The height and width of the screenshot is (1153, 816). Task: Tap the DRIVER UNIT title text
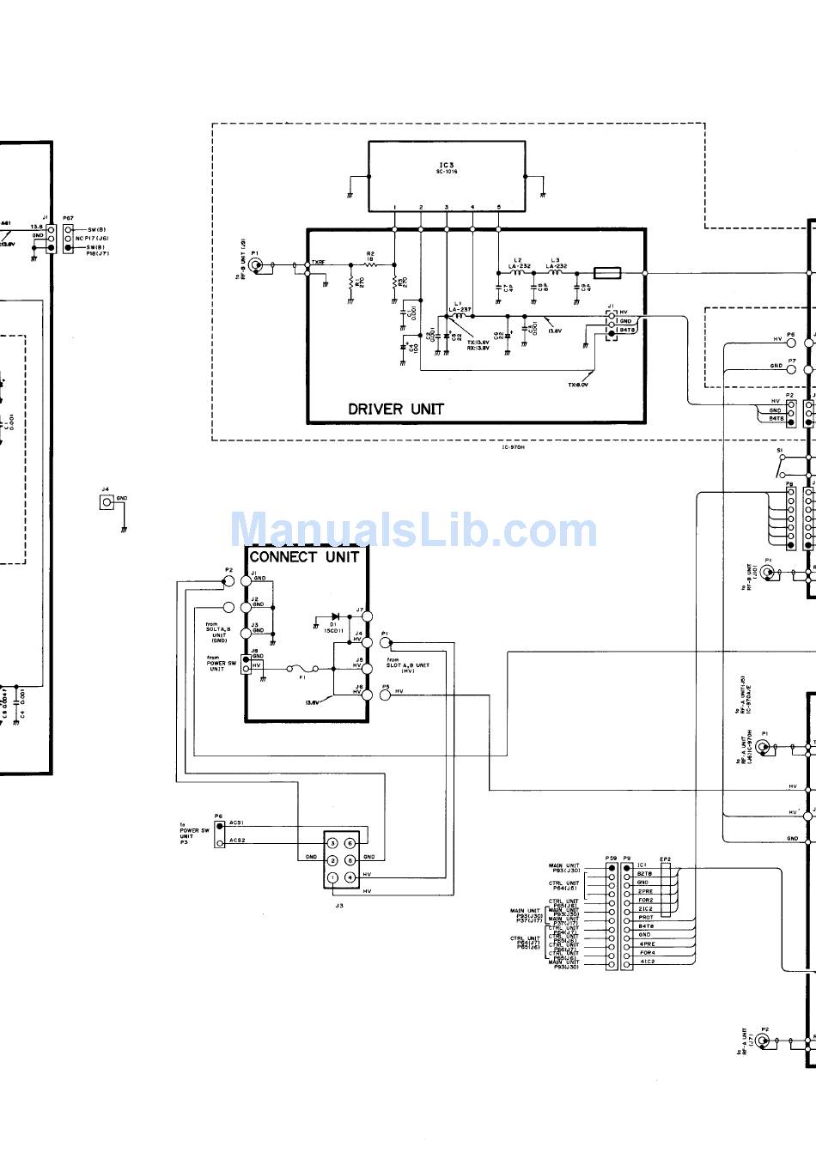click(396, 409)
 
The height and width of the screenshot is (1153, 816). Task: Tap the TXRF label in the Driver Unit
click(318, 262)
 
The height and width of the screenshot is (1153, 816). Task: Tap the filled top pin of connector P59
click(612, 868)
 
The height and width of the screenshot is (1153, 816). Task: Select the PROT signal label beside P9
click(645, 918)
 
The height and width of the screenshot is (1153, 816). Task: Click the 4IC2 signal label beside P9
click(647, 962)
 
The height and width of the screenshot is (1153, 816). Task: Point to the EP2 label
click(665, 859)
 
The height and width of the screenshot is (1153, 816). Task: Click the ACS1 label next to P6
click(237, 822)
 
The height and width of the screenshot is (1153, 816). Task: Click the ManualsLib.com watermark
click(413, 530)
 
